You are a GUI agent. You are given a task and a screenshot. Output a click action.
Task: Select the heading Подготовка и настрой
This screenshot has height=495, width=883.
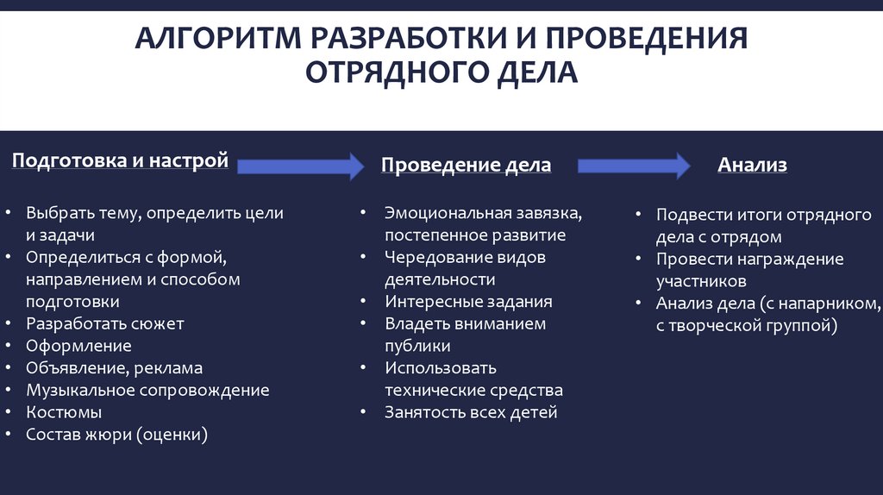120,160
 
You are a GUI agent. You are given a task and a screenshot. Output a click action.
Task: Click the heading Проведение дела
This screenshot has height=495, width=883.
466,166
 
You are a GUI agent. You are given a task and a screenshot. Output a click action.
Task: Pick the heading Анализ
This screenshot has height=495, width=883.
753,166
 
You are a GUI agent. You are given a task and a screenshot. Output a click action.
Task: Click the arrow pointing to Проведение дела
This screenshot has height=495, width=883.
299,165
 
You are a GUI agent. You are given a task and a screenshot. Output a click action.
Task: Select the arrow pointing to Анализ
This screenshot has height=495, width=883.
634,166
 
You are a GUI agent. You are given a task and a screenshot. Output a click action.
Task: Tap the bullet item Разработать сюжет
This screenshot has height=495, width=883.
104,324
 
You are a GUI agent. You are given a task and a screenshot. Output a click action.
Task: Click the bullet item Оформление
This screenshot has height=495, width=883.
78,346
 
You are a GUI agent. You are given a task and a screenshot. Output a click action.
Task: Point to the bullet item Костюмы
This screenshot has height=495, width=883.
64,413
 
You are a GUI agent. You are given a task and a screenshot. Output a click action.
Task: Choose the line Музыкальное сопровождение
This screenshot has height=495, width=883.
147,391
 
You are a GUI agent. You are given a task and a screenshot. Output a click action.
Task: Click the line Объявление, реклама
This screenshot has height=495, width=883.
114,368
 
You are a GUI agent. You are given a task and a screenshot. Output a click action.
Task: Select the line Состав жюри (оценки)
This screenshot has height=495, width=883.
117,435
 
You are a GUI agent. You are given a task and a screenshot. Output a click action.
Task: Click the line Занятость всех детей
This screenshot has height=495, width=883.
471,412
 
